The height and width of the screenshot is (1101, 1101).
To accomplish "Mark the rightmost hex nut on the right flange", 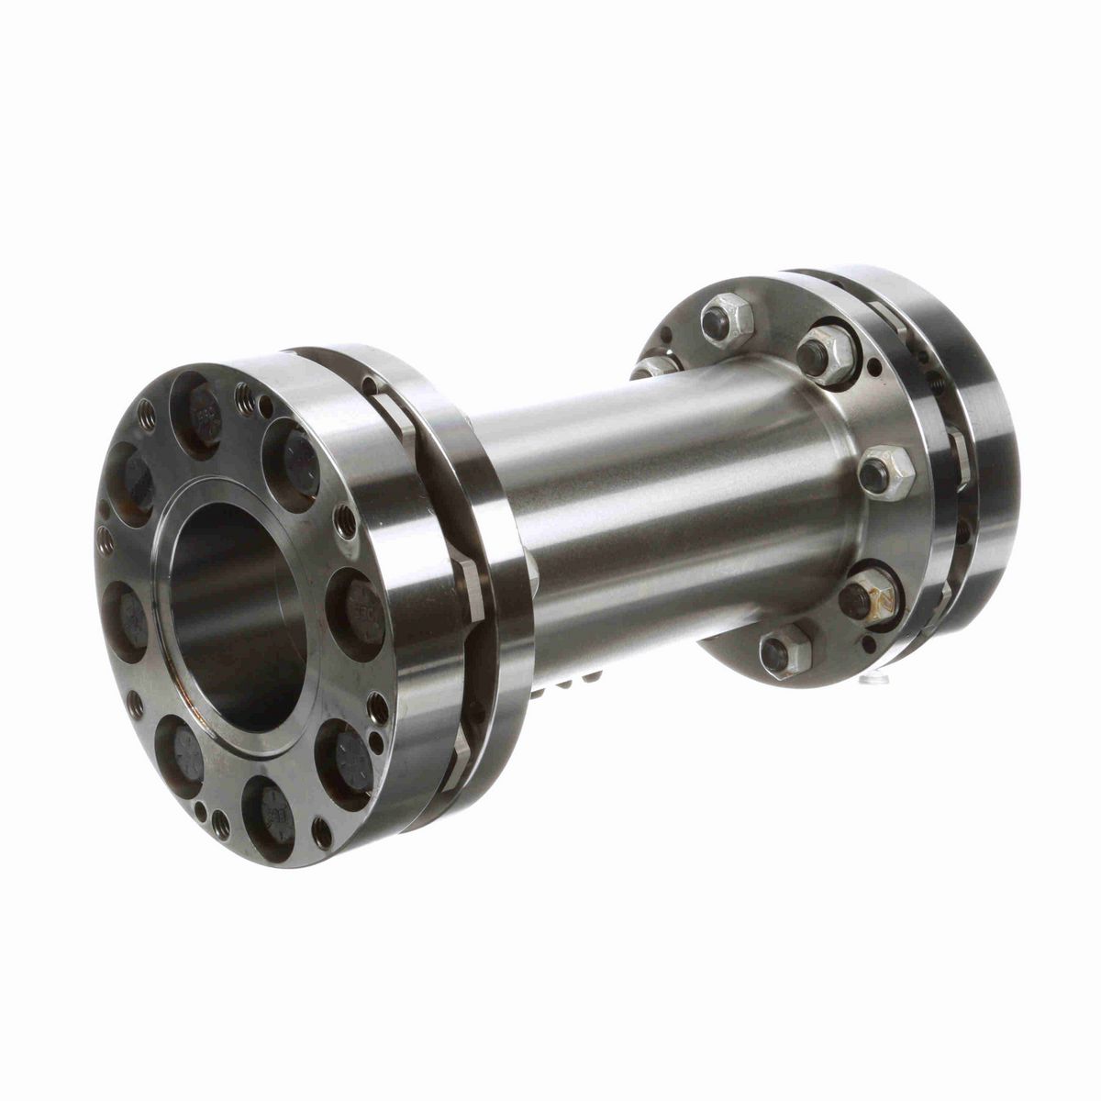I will pyautogui.click(x=886, y=473).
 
